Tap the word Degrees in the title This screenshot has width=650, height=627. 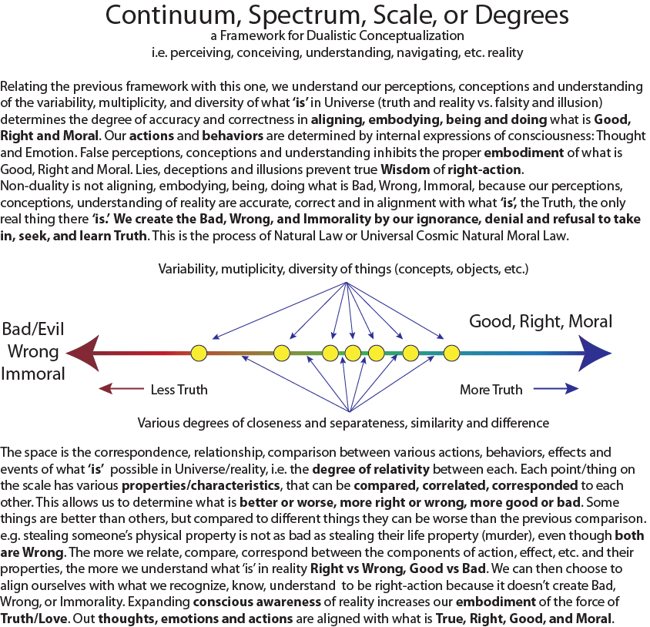(496, 15)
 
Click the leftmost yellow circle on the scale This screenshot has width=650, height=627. (199, 354)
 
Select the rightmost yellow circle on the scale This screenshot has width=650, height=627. (452, 354)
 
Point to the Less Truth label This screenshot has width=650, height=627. (179, 390)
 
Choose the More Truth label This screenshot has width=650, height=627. (491, 390)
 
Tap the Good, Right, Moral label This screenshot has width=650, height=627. (541, 321)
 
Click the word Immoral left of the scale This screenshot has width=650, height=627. (32, 374)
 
